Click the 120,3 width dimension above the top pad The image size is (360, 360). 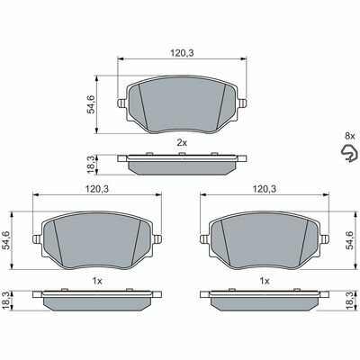pyautogui.click(x=182, y=53)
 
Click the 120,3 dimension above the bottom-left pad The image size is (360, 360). pyautogui.click(x=97, y=189)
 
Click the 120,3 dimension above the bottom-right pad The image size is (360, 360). pyautogui.click(x=265, y=189)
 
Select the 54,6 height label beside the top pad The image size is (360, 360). pyautogui.click(x=91, y=104)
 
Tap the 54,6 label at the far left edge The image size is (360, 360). pyautogui.click(x=6, y=240)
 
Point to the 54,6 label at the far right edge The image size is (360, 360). pyautogui.click(x=350, y=240)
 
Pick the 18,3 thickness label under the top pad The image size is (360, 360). pyautogui.click(x=91, y=165)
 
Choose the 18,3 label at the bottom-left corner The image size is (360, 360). pyautogui.click(x=6, y=301)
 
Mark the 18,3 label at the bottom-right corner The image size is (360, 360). pyautogui.click(x=350, y=301)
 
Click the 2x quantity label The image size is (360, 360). pyautogui.click(x=182, y=143)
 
